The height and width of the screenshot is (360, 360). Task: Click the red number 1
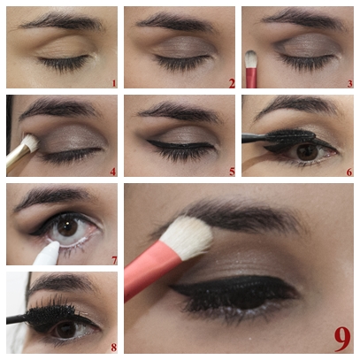pos(114,84)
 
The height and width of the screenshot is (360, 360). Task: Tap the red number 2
pos(232,84)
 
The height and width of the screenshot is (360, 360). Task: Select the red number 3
pos(349,84)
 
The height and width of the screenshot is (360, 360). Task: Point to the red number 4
pos(113,172)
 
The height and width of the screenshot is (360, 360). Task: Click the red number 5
pos(232,172)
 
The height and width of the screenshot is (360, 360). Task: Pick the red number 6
pos(349,172)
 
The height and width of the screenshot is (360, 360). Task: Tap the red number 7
pos(114,260)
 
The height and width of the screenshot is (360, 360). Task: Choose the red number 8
pos(114,348)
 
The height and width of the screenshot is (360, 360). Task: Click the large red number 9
pos(342,339)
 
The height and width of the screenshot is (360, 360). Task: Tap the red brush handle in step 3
pos(251,78)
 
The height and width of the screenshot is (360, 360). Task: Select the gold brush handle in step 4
pos(17,157)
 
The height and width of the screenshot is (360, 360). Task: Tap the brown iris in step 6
pos(308,151)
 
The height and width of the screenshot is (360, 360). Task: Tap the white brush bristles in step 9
pos(188,237)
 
